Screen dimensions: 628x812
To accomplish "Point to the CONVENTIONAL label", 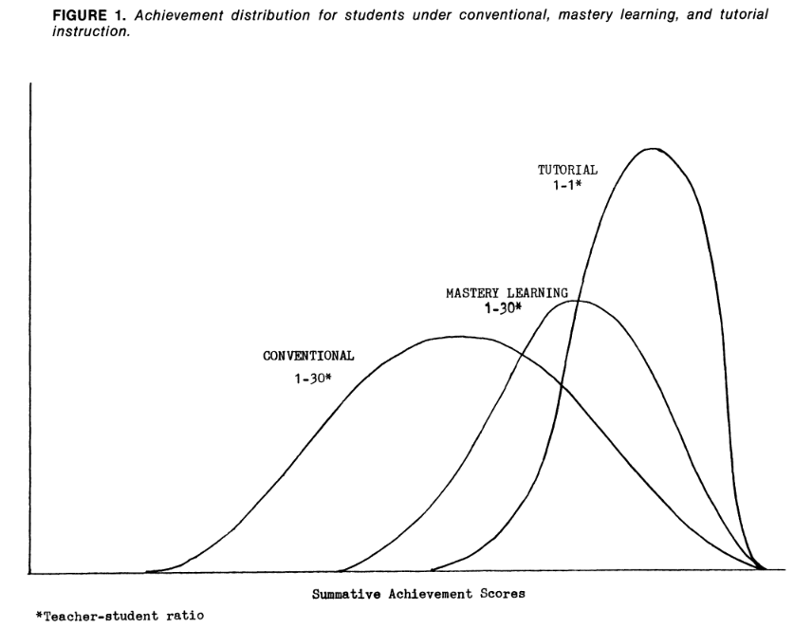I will point(308,357).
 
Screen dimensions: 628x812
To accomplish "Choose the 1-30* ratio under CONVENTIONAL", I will point(309,378).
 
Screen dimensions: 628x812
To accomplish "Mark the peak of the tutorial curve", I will point(652,149).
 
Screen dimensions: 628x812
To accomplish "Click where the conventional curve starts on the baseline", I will point(147,572).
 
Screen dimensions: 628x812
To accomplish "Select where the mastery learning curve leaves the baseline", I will point(340,572).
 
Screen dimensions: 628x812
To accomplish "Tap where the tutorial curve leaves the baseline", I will point(432,571).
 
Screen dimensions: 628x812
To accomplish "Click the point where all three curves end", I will point(764,569).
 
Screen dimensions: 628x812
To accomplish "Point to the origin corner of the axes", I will point(31,573).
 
